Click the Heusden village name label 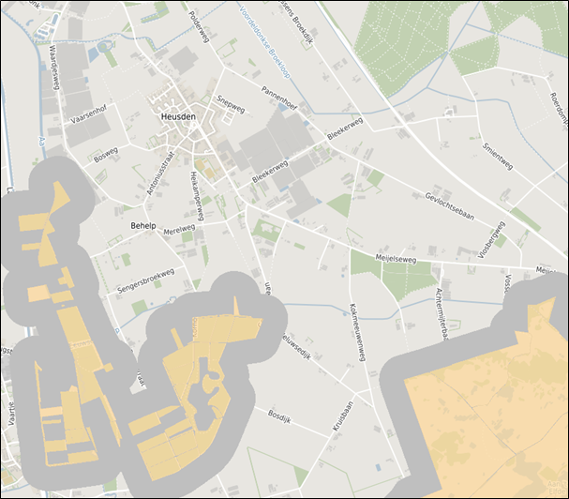tap(179, 116)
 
